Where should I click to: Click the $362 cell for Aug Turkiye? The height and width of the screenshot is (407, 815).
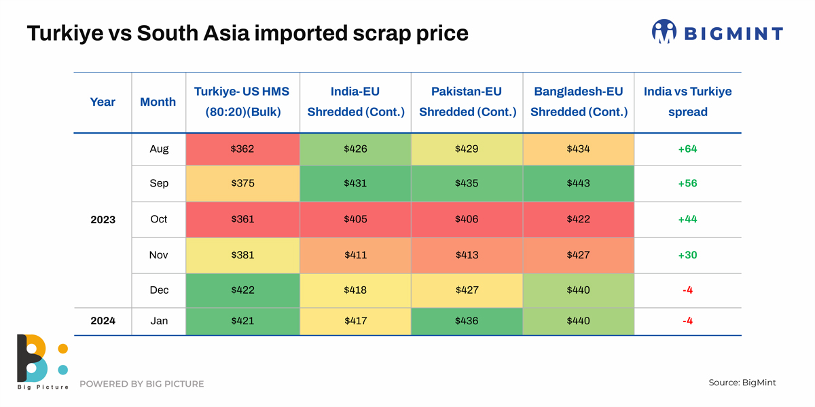pos(242,149)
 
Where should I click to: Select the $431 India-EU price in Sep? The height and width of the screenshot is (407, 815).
pos(355,183)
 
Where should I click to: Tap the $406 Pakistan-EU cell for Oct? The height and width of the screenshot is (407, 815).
pos(467,219)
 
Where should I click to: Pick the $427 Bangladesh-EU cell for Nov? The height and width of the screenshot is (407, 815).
pos(579,255)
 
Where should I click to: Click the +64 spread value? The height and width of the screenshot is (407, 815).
pos(687,149)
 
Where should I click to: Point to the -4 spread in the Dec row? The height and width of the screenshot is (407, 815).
pos(687,290)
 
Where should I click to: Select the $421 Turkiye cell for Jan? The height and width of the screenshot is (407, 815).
pos(242,321)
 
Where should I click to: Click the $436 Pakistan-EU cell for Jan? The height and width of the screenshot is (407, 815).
pos(467,321)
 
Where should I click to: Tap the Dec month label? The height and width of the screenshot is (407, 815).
pos(159,290)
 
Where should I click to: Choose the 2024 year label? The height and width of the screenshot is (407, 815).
pos(103,321)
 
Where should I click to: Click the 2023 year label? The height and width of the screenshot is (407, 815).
pos(103,220)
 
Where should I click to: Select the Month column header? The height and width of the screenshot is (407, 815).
pos(158,102)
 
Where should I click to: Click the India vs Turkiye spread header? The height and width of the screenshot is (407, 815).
pos(687,102)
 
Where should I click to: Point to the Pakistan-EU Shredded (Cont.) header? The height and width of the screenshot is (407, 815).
pos(467,102)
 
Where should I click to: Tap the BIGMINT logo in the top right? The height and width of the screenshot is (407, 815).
pos(717,32)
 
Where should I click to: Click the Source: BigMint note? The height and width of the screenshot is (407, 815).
pos(742,383)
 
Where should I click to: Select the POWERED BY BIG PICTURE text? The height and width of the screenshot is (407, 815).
pos(141,384)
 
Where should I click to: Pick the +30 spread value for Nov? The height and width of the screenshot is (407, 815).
pos(687,255)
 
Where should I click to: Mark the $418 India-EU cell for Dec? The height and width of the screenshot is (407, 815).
pos(355,290)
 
